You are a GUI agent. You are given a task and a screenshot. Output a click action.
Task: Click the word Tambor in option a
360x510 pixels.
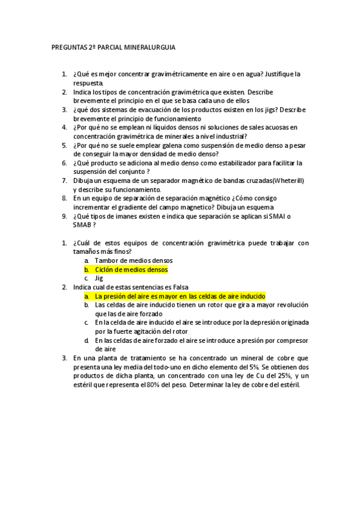(107, 260)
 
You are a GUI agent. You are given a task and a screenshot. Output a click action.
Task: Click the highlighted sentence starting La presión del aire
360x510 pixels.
(180, 296)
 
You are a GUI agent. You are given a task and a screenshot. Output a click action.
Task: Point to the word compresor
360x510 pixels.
(289, 341)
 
